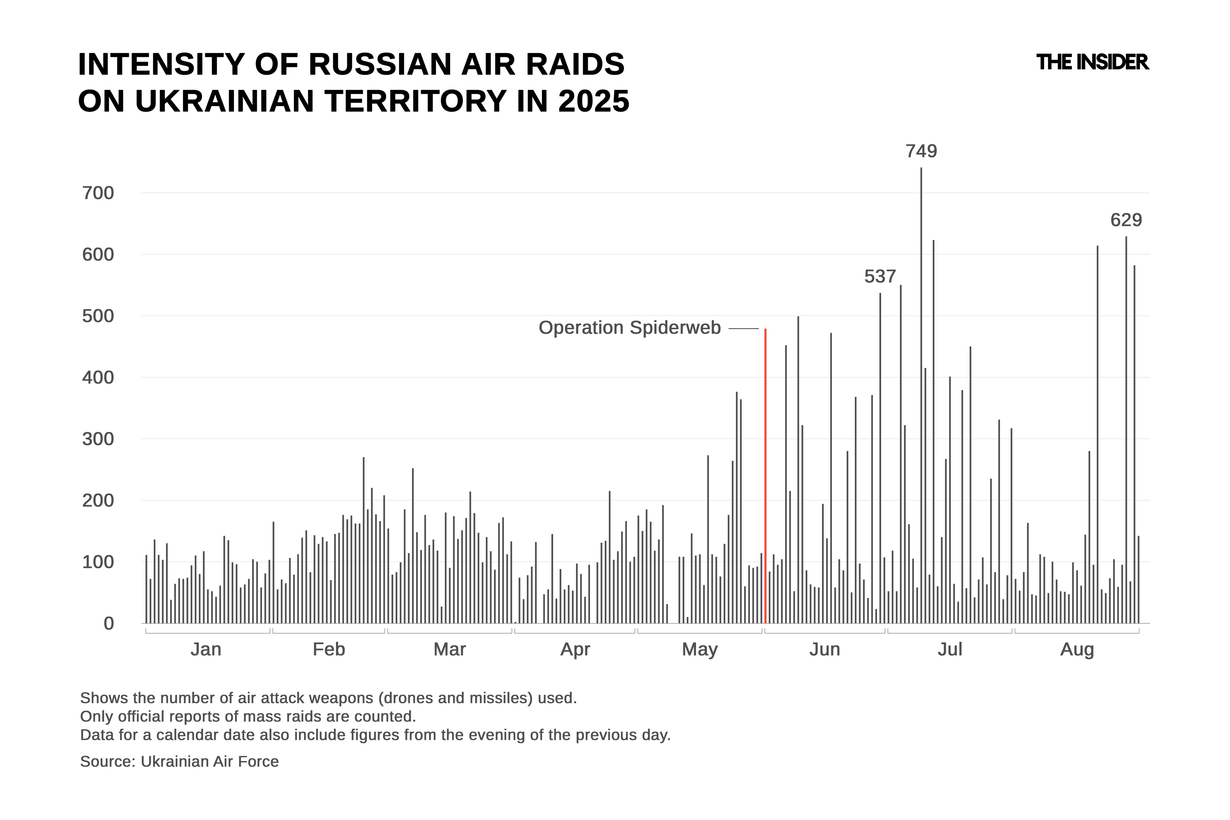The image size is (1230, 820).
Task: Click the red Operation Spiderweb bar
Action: click(x=765, y=476)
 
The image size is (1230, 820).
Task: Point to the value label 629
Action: click(x=1126, y=220)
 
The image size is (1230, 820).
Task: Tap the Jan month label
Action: click(x=206, y=650)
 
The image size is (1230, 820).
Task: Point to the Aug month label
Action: click(x=1077, y=650)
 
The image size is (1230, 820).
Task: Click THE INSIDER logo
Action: click(x=1092, y=62)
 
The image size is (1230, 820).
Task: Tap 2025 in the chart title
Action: click(x=594, y=101)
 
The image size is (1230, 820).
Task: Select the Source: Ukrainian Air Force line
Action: click(x=179, y=761)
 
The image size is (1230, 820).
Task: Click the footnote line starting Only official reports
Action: click(x=248, y=717)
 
